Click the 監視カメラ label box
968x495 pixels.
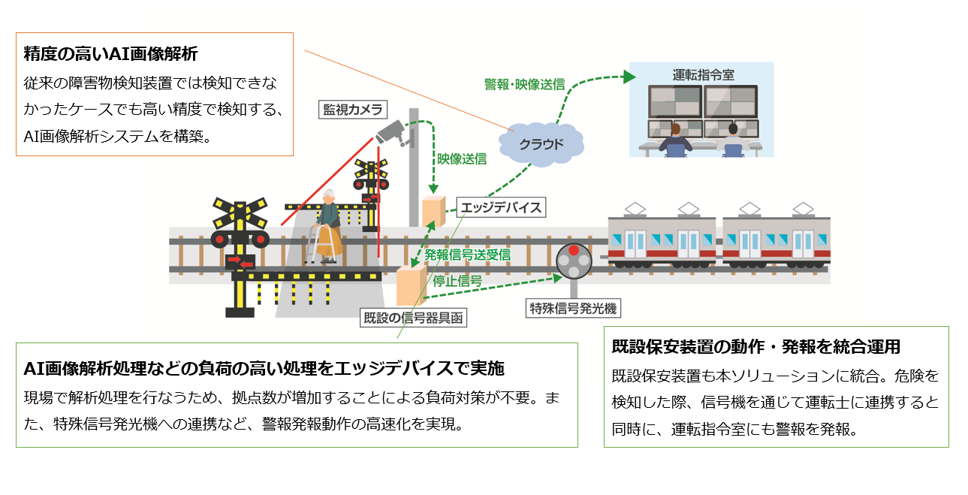(352, 110)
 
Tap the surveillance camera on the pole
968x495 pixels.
(391, 134)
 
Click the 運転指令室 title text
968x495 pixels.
(703, 75)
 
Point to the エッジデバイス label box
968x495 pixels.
(501, 207)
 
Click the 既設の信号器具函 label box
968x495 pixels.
(412, 318)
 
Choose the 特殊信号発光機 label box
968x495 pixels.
(574, 308)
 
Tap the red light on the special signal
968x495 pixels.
(574, 251)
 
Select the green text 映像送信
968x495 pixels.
(462, 159)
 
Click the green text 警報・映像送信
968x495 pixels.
(524, 84)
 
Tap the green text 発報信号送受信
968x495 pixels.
(467, 255)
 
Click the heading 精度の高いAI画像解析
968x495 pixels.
(110, 54)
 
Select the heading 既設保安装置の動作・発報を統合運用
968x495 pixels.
(755, 347)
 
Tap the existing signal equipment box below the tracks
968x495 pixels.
(410, 285)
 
